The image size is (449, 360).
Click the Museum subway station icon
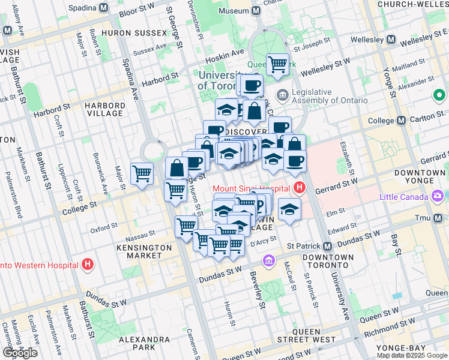[256, 11]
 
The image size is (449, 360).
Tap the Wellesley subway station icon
[391, 40]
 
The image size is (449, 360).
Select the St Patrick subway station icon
[328, 246]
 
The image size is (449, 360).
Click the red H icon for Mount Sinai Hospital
[300, 188]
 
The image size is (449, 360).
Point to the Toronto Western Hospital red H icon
[88, 264]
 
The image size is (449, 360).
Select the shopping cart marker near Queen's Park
[277, 64]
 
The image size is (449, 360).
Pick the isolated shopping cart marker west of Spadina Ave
[142, 174]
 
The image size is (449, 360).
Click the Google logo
[20, 353]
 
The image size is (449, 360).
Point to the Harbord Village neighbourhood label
[105, 109]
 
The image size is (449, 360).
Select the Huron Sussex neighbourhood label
[134, 32]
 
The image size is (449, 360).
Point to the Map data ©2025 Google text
[412, 355]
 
